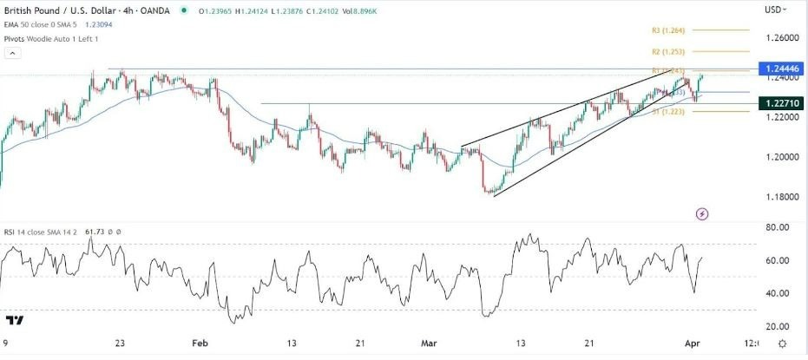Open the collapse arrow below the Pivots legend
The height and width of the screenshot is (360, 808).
13,53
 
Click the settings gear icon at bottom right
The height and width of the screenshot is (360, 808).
782,344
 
